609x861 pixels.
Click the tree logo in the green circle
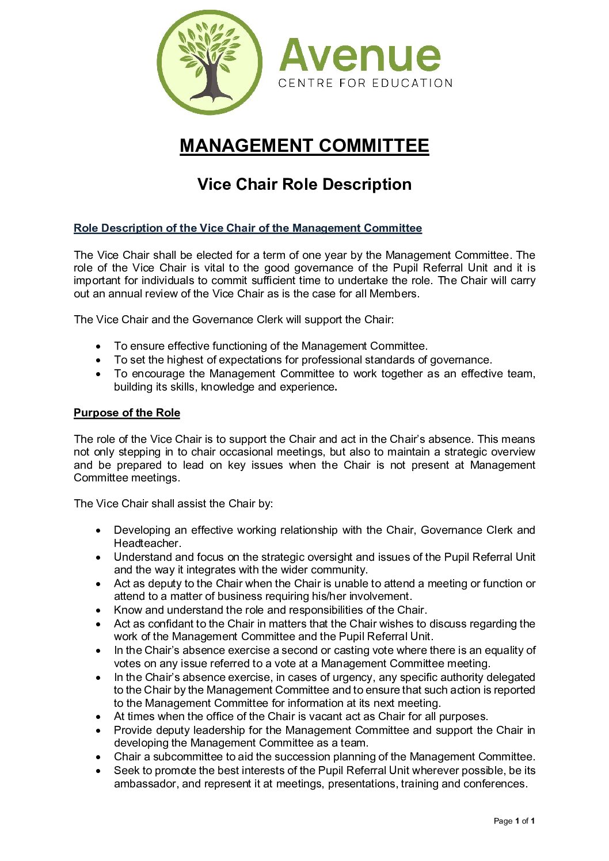210,62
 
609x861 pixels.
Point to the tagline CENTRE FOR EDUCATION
365,83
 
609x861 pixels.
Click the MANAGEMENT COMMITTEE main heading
304,146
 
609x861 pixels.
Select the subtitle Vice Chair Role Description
304,184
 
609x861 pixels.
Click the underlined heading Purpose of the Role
127,413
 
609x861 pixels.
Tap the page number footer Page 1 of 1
514,821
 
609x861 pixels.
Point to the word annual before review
127,293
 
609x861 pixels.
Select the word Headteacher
147,543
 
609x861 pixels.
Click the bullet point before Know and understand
99,610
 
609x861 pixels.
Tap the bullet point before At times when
99,717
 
